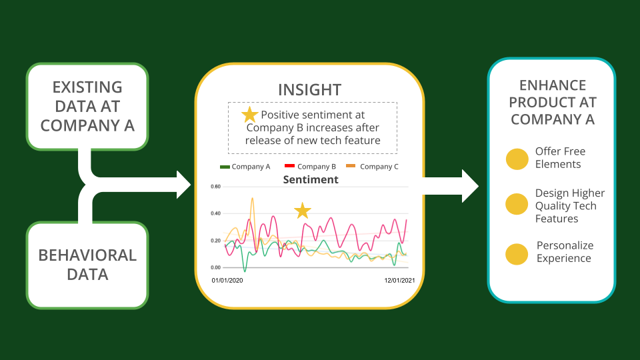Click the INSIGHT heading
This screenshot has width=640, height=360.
click(x=310, y=90)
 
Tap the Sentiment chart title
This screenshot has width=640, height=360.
click(x=311, y=179)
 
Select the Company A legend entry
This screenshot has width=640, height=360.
click(x=245, y=167)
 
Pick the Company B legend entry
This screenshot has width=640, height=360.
click(x=310, y=167)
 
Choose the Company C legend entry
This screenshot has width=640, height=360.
click(x=372, y=167)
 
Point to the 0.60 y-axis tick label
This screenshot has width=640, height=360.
click(x=215, y=187)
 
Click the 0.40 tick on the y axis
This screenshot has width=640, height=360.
click(x=215, y=213)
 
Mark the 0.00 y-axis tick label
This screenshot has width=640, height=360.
click(x=215, y=267)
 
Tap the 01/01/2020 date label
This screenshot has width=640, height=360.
click(x=227, y=281)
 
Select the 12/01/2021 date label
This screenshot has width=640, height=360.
click(x=399, y=281)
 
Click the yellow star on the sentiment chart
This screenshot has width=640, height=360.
click(x=303, y=211)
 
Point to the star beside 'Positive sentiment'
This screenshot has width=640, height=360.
click(x=249, y=115)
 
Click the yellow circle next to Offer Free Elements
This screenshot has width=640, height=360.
click(x=517, y=159)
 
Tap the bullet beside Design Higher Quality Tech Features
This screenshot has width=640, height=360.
click(x=517, y=204)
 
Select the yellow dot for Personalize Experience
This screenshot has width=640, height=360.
click(x=517, y=254)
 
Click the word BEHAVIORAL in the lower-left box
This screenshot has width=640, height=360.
click(x=87, y=255)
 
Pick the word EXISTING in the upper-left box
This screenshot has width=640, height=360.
click(x=87, y=87)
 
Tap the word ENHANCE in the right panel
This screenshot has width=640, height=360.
click(x=553, y=85)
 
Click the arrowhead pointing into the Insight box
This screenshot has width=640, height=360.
click(x=184, y=185)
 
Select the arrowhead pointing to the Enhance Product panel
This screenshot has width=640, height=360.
click(x=470, y=186)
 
